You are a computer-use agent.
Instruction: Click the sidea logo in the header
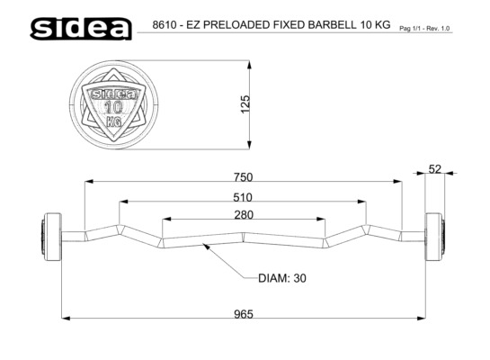click(81, 29)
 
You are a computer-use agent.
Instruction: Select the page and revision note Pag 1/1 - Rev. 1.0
click(424, 29)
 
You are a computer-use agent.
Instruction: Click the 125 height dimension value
click(245, 104)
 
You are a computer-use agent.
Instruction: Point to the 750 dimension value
click(243, 177)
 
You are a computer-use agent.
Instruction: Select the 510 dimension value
click(243, 197)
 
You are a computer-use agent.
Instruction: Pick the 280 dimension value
click(244, 215)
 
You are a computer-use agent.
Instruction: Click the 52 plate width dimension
click(434, 169)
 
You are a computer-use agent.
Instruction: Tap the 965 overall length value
click(244, 314)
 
